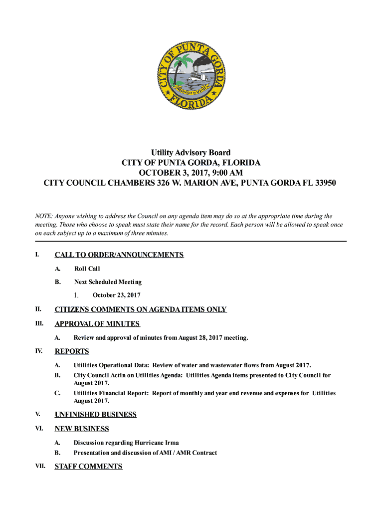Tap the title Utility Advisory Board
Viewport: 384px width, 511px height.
(x=191, y=153)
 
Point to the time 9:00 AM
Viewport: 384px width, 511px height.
(x=224, y=173)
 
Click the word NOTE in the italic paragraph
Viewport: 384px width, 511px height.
(x=43, y=216)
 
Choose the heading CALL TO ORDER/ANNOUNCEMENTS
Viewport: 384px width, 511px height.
(x=119, y=255)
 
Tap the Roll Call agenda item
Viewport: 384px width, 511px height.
(x=87, y=269)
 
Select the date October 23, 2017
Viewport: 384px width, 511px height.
(x=117, y=295)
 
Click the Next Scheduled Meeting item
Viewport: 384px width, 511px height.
(x=108, y=282)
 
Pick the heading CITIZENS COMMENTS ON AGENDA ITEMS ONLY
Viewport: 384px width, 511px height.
(x=141, y=309)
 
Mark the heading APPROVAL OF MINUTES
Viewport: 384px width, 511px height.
(x=97, y=324)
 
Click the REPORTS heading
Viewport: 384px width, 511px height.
(x=72, y=351)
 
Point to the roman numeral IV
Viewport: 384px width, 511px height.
(x=38, y=351)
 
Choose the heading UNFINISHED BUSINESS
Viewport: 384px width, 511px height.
(x=95, y=415)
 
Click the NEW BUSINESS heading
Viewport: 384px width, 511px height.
(x=82, y=429)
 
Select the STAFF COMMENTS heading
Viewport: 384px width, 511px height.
(x=88, y=467)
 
